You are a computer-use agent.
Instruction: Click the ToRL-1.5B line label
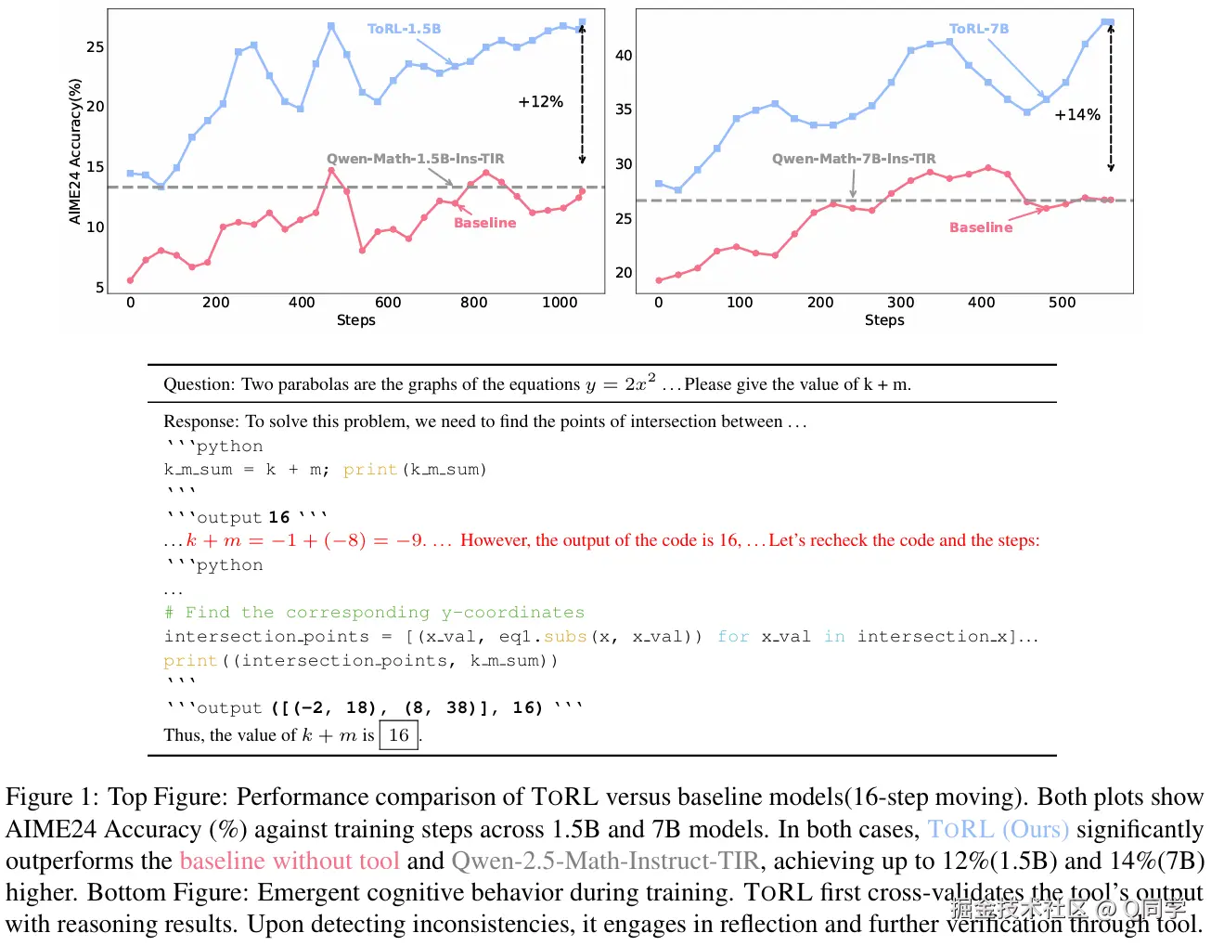(404, 29)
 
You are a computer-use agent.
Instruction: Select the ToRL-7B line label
(978, 29)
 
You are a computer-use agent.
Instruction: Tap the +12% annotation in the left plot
(540, 101)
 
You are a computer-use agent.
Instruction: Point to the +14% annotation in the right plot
(1076, 114)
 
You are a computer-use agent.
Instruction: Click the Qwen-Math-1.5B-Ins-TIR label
(415, 159)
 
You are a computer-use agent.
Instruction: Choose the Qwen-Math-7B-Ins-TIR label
(854, 159)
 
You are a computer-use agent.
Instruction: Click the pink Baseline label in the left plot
(484, 223)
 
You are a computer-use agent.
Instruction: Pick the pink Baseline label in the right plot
(981, 227)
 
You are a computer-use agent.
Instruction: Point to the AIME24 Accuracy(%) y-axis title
(75, 150)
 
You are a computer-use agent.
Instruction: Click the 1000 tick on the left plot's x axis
(560, 302)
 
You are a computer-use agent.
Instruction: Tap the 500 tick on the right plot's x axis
(1062, 302)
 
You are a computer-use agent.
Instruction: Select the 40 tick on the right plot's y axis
(624, 56)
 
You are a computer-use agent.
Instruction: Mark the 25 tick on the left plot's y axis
(96, 47)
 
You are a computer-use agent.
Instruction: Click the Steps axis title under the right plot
(883, 319)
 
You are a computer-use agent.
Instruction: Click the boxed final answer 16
(399, 735)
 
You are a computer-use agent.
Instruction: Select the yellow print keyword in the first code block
(369, 470)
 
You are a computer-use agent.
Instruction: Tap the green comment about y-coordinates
(374, 613)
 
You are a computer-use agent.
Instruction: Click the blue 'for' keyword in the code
(733, 637)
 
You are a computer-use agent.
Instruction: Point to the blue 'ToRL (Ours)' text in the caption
(998, 829)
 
